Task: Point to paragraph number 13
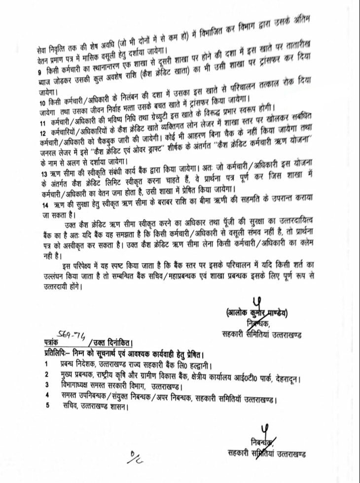pyautogui.click(x=42, y=173)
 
